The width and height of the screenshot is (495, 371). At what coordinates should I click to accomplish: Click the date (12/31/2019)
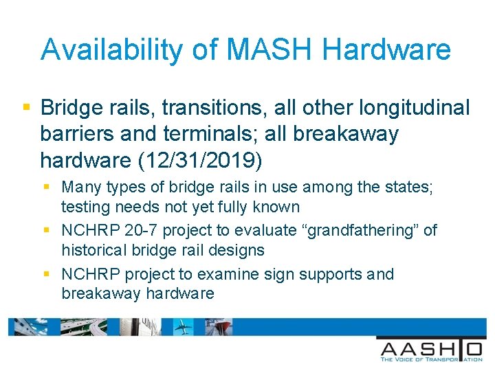tap(201, 160)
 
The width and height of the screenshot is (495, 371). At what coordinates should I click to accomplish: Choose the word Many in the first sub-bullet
tap(79, 187)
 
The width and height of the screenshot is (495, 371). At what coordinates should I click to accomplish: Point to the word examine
tap(225, 275)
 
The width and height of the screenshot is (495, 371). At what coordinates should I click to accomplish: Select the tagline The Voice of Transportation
tap(431, 358)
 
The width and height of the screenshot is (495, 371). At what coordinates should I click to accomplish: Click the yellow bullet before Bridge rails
tap(26, 107)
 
